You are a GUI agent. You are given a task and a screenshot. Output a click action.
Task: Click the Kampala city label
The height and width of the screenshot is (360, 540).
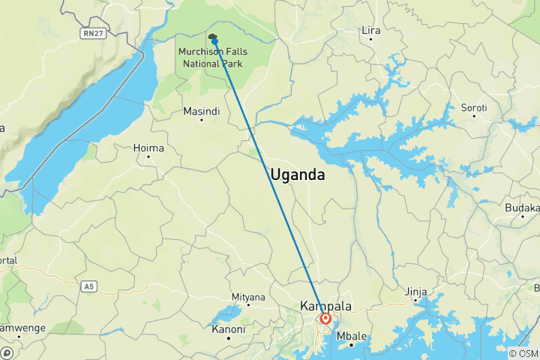tap(326, 306)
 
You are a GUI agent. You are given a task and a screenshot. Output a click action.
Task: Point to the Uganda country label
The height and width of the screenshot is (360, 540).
tap(298, 175)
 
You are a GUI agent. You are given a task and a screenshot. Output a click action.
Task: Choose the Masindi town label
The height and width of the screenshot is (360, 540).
tap(202, 111)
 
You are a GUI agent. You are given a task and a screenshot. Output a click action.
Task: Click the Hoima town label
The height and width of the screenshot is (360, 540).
tap(148, 148)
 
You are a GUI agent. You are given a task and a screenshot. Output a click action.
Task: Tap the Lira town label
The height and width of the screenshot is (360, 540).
tap(371, 31)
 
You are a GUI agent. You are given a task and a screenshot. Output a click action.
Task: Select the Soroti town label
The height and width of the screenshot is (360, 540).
tap(474, 108)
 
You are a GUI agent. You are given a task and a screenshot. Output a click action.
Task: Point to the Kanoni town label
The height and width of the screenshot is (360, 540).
tap(229, 329)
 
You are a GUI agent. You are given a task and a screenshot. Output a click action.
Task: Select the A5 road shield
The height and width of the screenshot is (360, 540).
tap(90, 286)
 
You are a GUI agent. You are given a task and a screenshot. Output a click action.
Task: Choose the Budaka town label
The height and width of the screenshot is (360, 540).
tap(523, 208)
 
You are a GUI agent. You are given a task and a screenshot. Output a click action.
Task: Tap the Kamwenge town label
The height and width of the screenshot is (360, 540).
tap(22, 328)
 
